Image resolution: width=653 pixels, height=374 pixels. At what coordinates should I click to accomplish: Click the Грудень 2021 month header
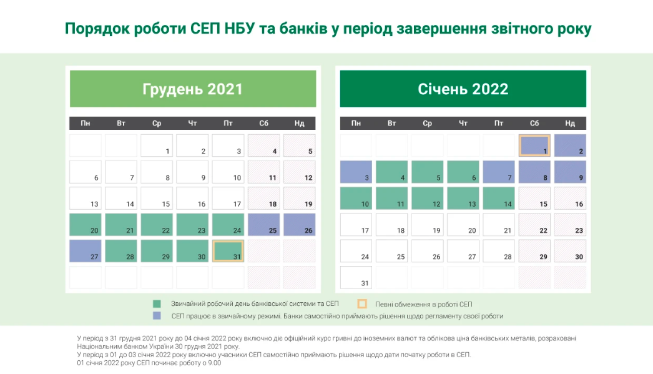click(192, 89)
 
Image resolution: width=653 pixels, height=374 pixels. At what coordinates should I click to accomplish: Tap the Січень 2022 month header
click(463, 89)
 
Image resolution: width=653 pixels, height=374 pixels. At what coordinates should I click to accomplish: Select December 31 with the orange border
click(228, 251)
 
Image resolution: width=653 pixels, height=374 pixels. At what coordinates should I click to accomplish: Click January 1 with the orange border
click(534, 145)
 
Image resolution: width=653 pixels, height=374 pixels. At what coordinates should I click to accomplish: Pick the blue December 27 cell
click(86, 251)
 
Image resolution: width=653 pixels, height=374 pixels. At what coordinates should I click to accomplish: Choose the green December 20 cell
click(86, 225)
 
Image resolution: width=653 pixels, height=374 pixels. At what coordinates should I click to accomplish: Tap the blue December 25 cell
click(263, 225)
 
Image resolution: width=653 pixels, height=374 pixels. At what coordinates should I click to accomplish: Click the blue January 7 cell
click(499, 172)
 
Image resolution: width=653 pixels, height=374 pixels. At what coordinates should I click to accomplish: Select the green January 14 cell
click(499, 199)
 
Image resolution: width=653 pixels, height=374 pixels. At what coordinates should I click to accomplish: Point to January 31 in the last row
click(356, 277)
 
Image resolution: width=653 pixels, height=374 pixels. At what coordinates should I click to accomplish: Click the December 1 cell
click(157, 145)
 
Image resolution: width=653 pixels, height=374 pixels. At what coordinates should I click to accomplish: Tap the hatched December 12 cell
click(300, 172)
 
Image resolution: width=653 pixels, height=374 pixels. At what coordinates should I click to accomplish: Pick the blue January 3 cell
click(356, 172)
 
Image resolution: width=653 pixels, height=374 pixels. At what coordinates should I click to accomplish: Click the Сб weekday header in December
click(263, 123)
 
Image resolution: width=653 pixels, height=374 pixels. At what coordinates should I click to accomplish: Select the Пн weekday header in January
click(356, 123)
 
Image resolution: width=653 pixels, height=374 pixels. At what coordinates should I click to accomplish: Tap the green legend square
click(157, 304)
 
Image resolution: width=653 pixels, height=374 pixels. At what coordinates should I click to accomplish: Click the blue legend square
click(157, 316)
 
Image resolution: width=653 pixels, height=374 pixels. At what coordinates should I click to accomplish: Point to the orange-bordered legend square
click(362, 304)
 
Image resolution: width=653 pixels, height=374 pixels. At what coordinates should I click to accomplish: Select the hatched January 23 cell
click(570, 225)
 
